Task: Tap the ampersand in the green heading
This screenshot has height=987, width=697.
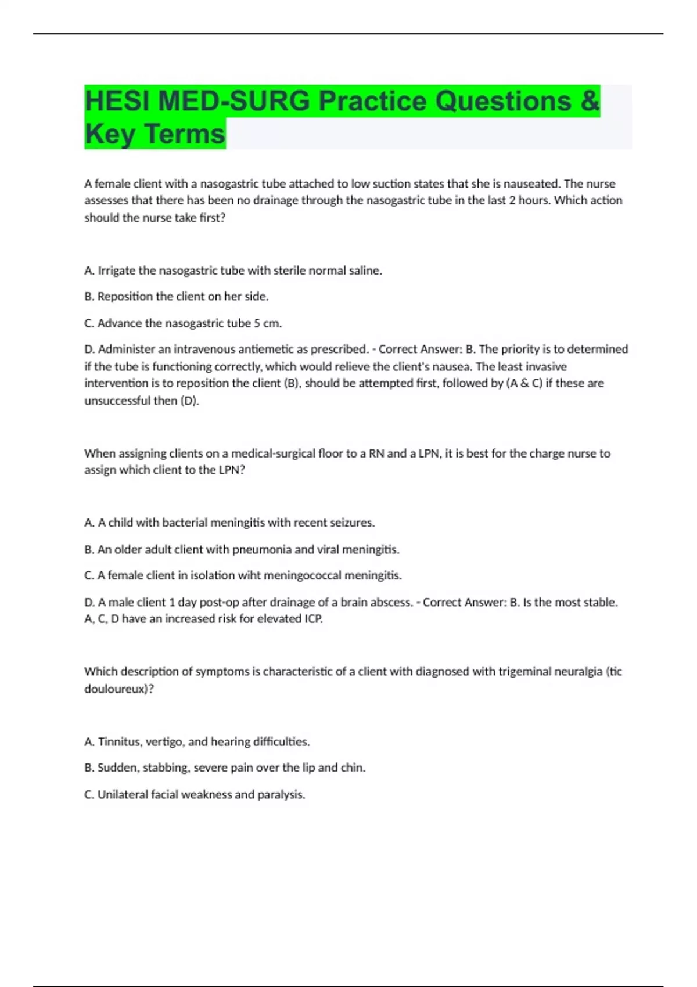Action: pos(589,102)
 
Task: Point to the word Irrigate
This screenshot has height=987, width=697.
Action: pos(117,271)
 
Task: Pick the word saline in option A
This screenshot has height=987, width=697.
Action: pos(364,271)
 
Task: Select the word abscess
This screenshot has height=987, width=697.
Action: pos(391,602)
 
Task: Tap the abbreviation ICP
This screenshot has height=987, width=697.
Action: pos(313,619)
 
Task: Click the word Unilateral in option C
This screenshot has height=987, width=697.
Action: pos(122,794)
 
